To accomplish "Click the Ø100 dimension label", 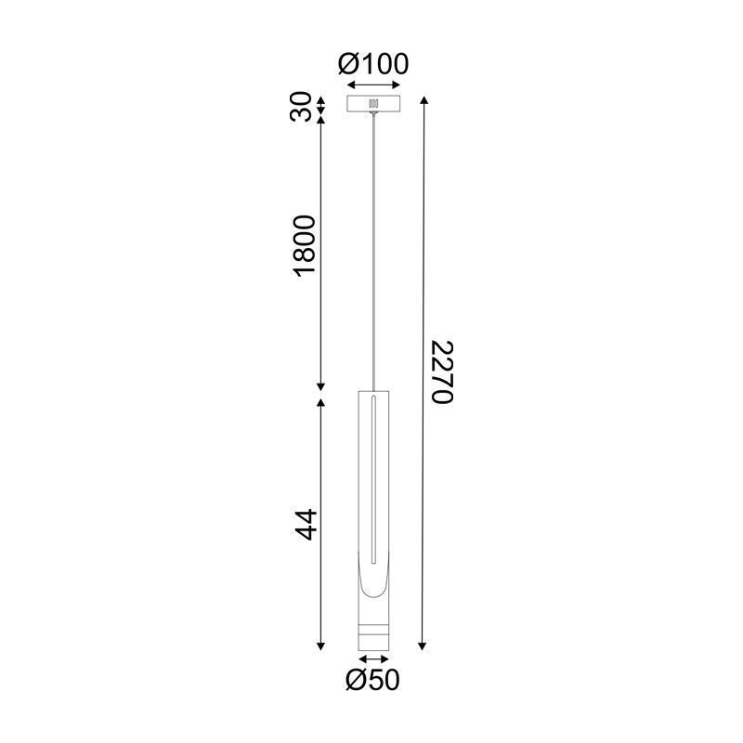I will click(373, 63).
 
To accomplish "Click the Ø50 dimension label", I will click(372, 680).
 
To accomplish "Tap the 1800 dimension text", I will click(305, 245).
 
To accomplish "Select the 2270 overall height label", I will click(442, 371).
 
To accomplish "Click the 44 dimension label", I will click(306, 525).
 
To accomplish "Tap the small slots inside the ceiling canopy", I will click(373, 105).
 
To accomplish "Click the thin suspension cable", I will click(373, 251).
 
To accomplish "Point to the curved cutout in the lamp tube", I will click(373, 580).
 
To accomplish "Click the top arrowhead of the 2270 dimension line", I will click(424, 100).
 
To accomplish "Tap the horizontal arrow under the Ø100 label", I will click(373, 84).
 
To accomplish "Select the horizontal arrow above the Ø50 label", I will click(373, 658).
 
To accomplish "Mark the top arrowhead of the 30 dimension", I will click(322, 99).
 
